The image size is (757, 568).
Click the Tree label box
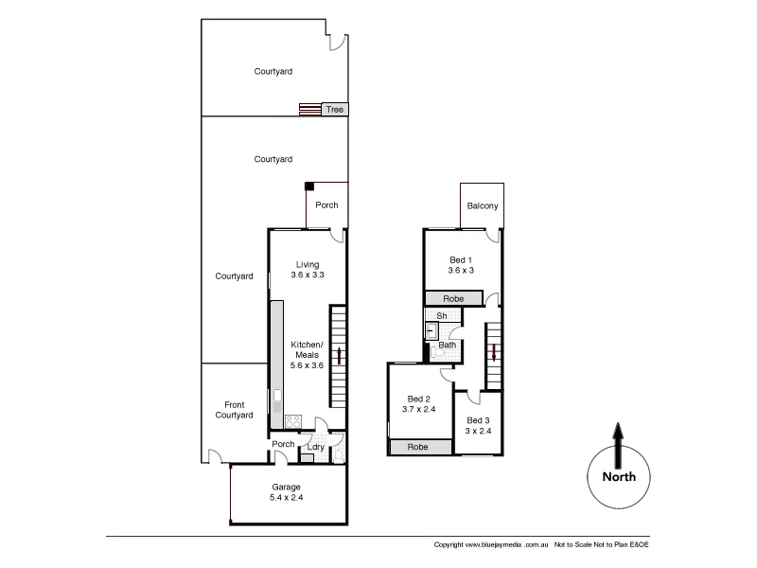[x=334, y=110]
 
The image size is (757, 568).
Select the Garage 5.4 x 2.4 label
[x=286, y=492]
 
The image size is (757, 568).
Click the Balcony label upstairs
[x=482, y=207]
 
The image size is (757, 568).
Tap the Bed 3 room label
[x=477, y=426]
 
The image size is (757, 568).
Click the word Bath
[x=447, y=346]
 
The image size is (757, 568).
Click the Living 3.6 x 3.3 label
[x=308, y=270]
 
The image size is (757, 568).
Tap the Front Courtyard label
[x=233, y=409]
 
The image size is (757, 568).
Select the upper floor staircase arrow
[x=494, y=353]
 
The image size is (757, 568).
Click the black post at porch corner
[x=308, y=186]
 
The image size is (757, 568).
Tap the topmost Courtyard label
[x=273, y=71]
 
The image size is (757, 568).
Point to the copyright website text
[x=492, y=545]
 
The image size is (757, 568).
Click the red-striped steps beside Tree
[x=309, y=110]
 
